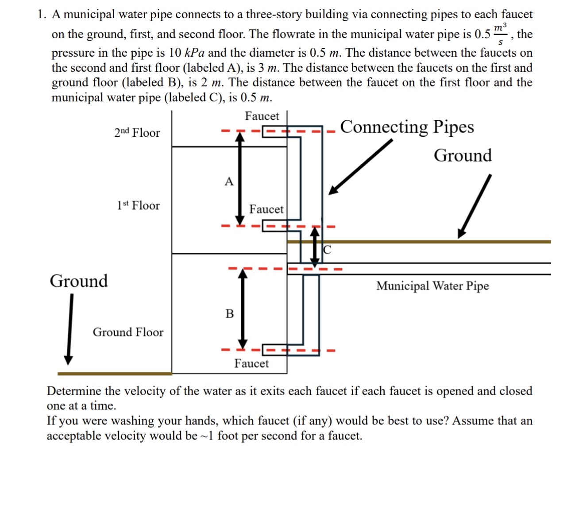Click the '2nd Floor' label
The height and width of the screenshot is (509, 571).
pos(137,133)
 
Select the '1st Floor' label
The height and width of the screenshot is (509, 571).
pos(138,205)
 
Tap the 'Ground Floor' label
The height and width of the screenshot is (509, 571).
pos(128,332)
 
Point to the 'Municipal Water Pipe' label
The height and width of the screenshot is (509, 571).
pos(432,286)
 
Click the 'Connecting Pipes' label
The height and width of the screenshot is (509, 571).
pos(407,127)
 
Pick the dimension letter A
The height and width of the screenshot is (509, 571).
pos(229,181)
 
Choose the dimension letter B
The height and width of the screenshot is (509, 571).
pos(229,314)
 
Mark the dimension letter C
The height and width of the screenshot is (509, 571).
pos(327,250)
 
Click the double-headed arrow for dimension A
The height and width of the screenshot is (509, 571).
pos(239,179)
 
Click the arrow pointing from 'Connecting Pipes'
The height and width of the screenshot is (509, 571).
pos(360,166)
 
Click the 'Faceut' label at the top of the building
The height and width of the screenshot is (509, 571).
pos(262,116)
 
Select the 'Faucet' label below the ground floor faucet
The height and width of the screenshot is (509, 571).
pos(251,363)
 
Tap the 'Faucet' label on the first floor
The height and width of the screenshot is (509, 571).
pos(266,209)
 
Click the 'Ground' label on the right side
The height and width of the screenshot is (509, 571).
pos(463,155)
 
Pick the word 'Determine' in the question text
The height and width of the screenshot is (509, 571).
pos(74,391)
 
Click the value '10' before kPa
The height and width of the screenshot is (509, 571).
pos(175,53)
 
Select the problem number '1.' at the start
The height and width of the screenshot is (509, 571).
pos(42,15)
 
